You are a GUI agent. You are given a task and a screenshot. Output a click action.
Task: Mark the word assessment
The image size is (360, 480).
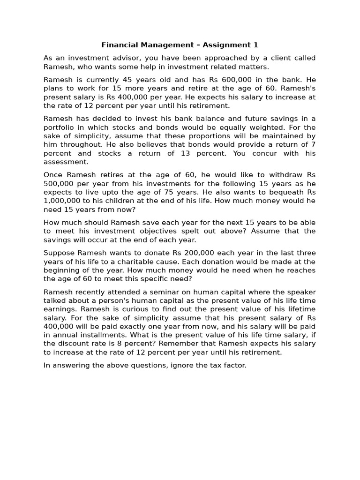pyautogui.click(x=66, y=162)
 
